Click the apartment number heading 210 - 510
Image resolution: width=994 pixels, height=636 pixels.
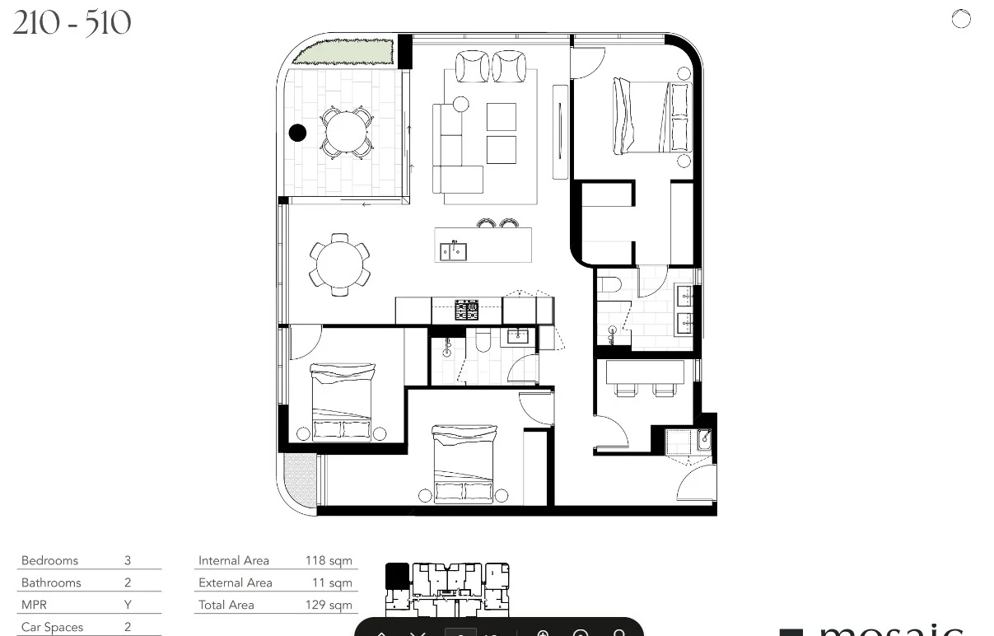pyautogui.click(x=72, y=23)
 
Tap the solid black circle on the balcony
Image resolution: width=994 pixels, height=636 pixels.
pyautogui.click(x=297, y=132)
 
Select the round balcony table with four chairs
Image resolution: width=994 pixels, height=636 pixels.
pyautogui.click(x=345, y=132)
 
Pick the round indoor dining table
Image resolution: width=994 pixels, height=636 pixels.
pyautogui.click(x=339, y=264)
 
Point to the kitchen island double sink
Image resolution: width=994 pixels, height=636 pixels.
pyautogui.click(x=453, y=250)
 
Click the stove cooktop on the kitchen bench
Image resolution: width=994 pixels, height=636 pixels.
pyautogui.click(x=467, y=310)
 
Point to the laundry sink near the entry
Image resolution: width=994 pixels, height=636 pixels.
pyautogui.click(x=703, y=440)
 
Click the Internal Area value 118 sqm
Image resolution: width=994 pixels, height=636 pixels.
pyautogui.click(x=328, y=561)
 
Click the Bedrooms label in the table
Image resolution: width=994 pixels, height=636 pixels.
pyautogui.click(x=49, y=561)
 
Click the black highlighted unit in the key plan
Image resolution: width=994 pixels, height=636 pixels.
pyautogui.click(x=397, y=575)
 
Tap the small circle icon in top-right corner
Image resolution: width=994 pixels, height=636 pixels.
pyautogui.click(x=961, y=19)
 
